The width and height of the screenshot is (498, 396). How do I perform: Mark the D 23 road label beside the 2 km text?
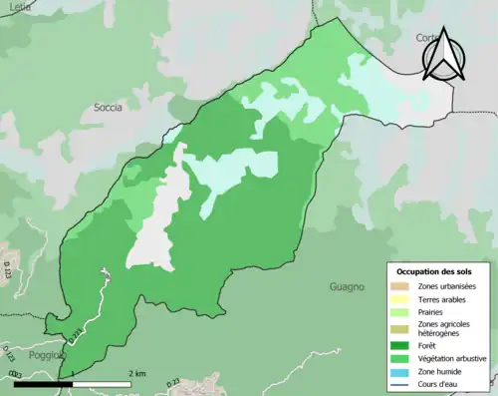(x=170, y=380)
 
